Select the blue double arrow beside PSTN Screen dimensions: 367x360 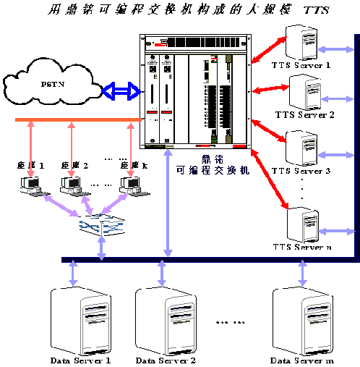(x=119, y=90)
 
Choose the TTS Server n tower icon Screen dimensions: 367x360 (x=302, y=224)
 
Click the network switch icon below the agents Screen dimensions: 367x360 (x=101, y=225)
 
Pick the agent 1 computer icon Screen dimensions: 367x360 (x=32, y=185)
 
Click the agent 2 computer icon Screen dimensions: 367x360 (x=72, y=185)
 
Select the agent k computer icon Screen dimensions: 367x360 (x=132, y=185)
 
